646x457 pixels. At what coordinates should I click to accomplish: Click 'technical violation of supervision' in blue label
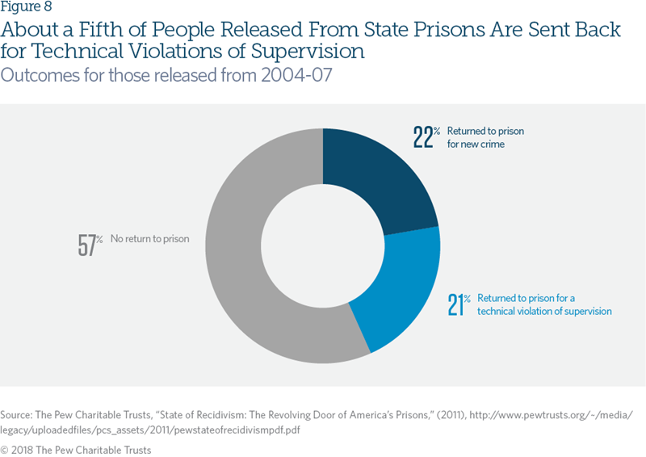[x=544, y=311]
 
